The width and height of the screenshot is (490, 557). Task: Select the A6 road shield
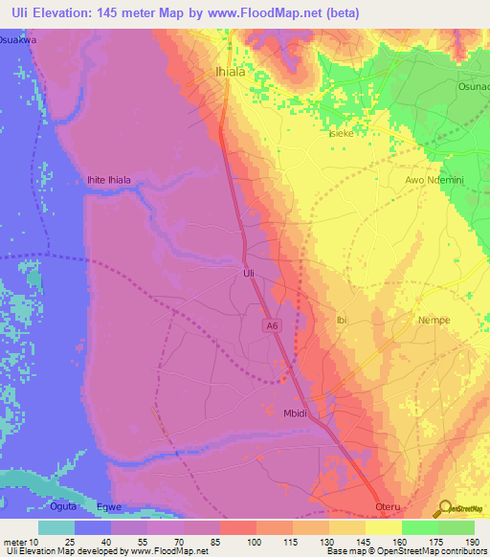pos(273,326)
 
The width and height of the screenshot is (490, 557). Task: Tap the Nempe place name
pos(434,321)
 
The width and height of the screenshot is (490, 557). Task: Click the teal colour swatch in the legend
pos(56,527)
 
